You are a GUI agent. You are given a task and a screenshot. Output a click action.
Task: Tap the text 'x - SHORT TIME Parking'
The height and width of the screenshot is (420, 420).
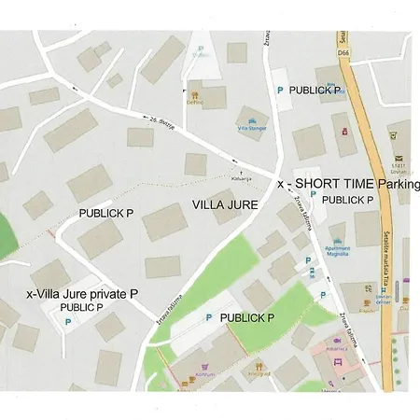[x=349, y=185]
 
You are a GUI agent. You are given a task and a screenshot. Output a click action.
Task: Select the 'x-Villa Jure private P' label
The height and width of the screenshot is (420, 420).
[x=82, y=293]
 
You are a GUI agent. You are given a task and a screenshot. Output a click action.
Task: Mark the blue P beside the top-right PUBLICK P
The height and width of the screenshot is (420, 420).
[x=279, y=90]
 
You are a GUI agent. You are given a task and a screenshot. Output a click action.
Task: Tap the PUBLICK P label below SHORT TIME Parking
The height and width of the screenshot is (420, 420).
[x=347, y=200]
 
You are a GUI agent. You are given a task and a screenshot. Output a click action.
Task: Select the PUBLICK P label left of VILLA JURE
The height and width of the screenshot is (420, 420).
[x=105, y=214]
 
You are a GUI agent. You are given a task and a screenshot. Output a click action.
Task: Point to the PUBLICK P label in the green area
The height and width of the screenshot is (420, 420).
[x=245, y=318]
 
